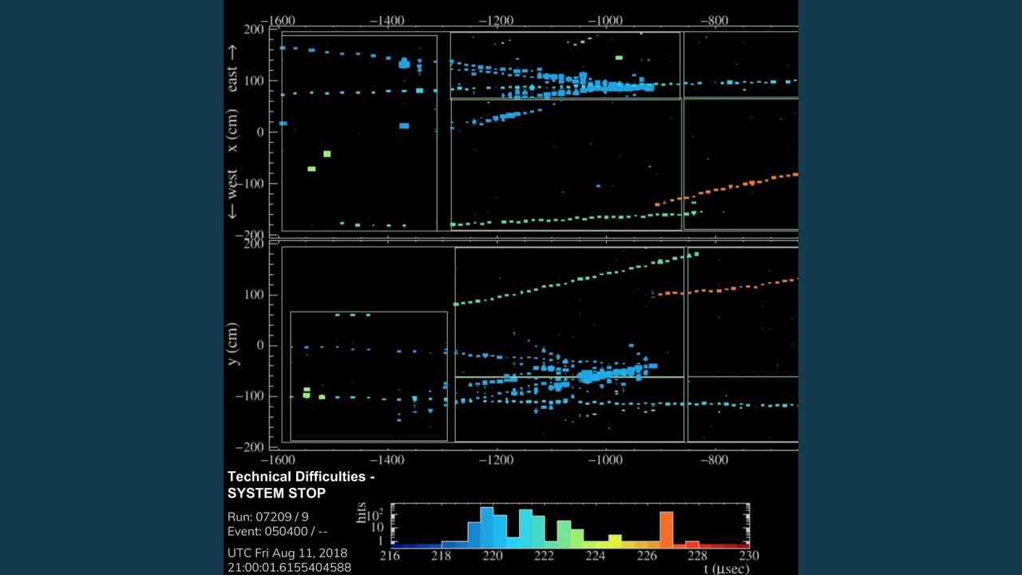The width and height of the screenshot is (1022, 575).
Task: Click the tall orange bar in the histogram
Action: click(x=666, y=528)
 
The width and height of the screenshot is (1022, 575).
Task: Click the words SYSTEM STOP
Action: click(x=276, y=493)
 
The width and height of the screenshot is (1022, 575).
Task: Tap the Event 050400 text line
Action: click(x=277, y=531)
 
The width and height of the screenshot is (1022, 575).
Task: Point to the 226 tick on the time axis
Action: click(x=647, y=556)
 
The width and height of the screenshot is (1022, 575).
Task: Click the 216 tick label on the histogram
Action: click(x=390, y=556)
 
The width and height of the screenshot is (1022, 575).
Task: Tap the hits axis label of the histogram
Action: click(x=362, y=513)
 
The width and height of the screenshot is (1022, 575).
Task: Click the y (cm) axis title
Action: click(x=232, y=344)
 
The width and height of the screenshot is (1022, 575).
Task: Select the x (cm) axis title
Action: click(x=232, y=131)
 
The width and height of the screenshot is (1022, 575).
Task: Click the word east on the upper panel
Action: click(x=232, y=77)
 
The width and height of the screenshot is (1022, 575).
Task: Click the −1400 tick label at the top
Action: click(x=388, y=21)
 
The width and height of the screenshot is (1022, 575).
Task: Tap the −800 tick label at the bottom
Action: click(x=715, y=461)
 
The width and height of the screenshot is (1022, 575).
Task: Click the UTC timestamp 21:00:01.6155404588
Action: click(x=289, y=567)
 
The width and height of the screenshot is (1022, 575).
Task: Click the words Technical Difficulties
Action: click(x=301, y=477)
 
